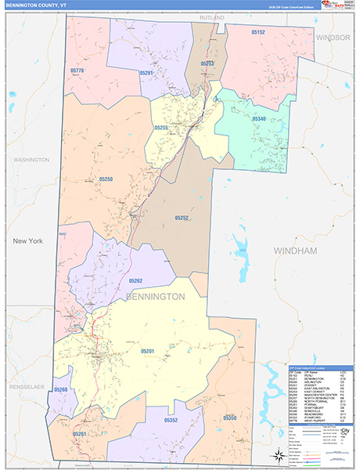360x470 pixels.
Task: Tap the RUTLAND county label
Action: (x=211, y=16)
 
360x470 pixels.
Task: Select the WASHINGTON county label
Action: (x=31, y=159)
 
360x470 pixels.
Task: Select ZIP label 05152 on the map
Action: (x=257, y=32)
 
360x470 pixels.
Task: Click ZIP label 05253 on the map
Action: (x=207, y=63)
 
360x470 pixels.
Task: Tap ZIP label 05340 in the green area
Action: (x=260, y=118)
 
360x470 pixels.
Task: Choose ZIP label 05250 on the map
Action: (x=106, y=179)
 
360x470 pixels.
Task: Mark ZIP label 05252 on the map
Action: (x=182, y=218)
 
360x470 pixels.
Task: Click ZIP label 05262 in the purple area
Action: (x=135, y=280)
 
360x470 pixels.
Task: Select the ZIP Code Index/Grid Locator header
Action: (x=316, y=367)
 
